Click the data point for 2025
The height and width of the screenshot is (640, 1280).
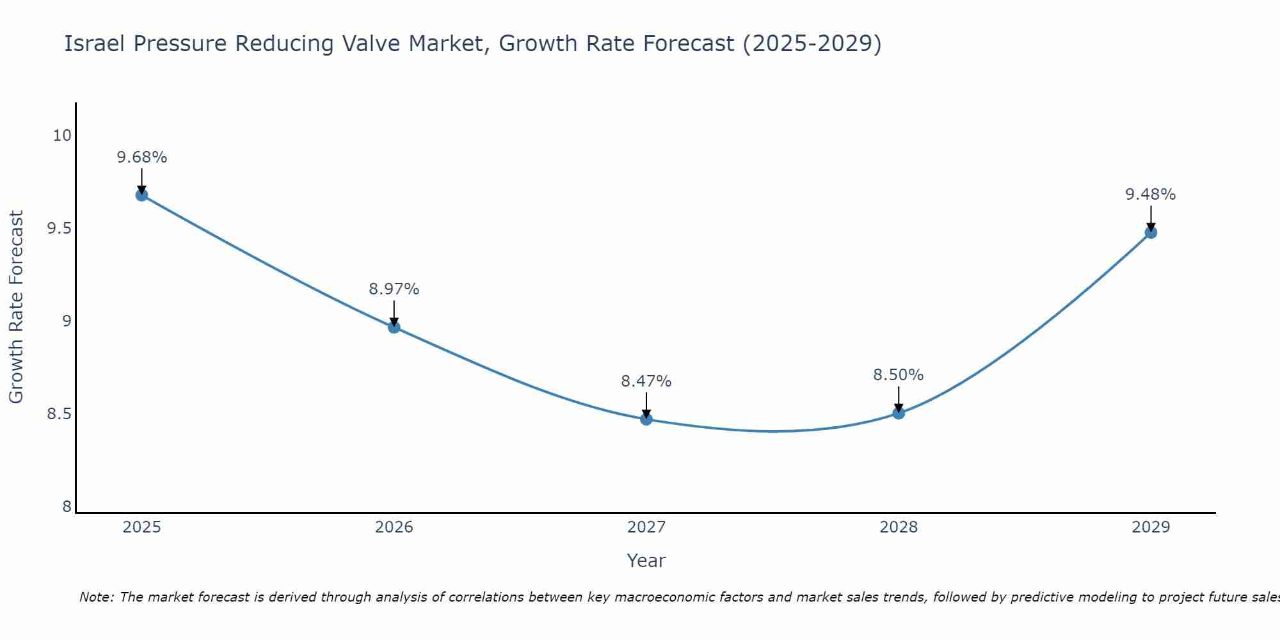[x=141, y=195]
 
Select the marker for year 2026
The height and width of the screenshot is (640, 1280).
[x=394, y=327]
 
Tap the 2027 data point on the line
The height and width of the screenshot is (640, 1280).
[x=646, y=419]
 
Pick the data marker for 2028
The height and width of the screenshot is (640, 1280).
[x=899, y=413]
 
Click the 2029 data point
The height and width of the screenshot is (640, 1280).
[x=1151, y=232]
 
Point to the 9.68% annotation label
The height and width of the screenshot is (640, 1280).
[x=141, y=157]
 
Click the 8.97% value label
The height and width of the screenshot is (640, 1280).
[x=394, y=289]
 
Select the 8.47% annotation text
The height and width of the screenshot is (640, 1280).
[x=646, y=381]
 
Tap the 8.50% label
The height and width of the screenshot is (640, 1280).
[x=899, y=375]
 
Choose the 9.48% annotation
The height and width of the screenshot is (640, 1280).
[x=1151, y=195]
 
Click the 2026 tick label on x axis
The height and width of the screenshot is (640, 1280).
[x=394, y=527]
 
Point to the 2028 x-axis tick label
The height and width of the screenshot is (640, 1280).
[x=899, y=527]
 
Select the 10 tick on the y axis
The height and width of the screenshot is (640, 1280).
[x=62, y=136]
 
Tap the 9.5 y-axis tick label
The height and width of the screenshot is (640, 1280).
[x=59, y=228]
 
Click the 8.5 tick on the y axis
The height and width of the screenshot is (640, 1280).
[x=59, y=414]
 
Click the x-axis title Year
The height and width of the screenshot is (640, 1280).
[x=646, y=561]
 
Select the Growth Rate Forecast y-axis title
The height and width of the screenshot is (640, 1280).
[x=16, y=307]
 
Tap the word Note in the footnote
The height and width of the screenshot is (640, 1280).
[x=96, y=597]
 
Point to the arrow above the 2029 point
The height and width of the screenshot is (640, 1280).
[x=1151, y=218]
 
